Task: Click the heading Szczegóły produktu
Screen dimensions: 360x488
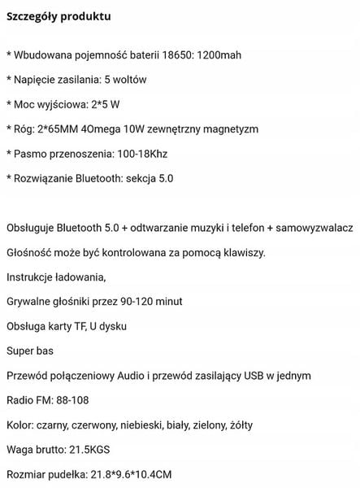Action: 58,16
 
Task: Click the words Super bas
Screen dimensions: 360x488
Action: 29,351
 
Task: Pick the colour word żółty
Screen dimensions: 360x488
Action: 249,425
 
